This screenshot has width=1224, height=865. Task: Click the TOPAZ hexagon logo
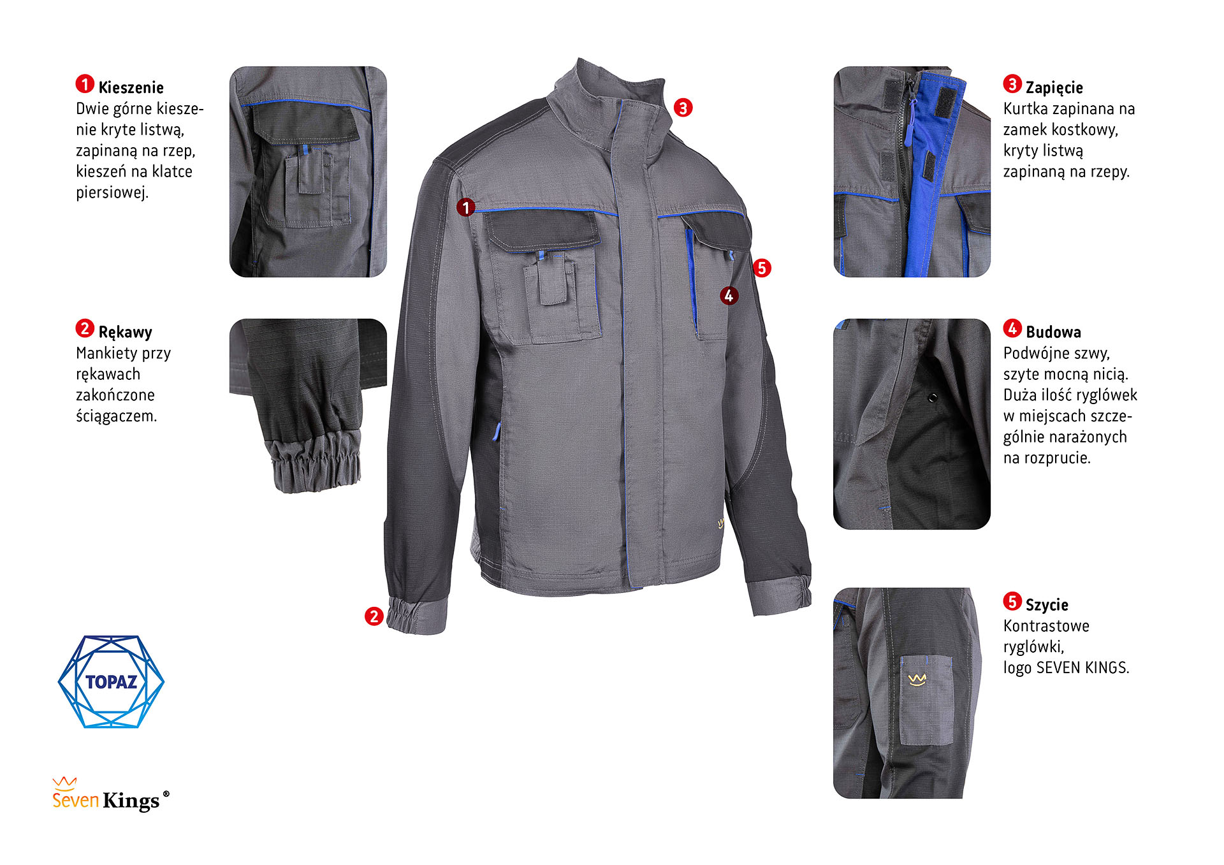[x=111, y=681]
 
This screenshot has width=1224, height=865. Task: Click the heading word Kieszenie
[x=131, y=87]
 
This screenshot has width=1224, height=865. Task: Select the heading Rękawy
[x=125, y=332]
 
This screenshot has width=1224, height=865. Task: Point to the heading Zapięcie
[x=1054, y=87]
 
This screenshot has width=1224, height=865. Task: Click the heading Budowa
[x=1053, y=332]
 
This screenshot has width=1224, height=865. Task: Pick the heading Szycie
[x=1047, y=605]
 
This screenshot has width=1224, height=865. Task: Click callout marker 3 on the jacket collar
[x=683, y=108]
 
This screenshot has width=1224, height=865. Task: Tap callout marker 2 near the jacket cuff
[x=374, y=616]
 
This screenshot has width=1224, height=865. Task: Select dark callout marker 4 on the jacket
[x=729, y=296]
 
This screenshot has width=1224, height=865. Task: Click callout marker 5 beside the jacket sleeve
[x=762, y=268]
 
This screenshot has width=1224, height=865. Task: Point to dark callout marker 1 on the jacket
[x=466, y=207]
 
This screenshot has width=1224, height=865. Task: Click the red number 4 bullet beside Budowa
[x=1012, y=328]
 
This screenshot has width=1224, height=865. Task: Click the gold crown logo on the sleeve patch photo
[x=917, y=680]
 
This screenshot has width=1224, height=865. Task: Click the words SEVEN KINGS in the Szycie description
[x=1083, y=667]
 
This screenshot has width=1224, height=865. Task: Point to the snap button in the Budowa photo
[x=932, y=398]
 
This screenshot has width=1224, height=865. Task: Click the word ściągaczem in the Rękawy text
[x=117, y=416]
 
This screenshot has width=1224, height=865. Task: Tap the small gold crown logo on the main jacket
[x=721, y=524]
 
